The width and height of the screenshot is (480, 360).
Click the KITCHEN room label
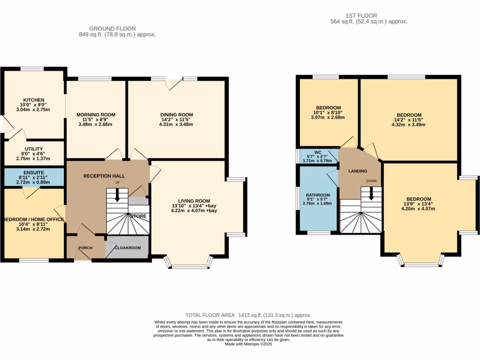34,100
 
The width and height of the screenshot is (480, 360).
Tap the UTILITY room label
34,149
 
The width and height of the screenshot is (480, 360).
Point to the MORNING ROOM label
96,115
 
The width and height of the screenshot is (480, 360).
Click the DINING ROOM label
176,115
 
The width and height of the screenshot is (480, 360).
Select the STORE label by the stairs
138,216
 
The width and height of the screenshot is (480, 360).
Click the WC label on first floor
318,152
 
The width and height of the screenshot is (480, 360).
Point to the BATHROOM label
318,195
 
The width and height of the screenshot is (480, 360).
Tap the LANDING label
358,171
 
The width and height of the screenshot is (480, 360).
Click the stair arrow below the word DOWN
371,192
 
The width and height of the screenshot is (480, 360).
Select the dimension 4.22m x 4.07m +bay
196,211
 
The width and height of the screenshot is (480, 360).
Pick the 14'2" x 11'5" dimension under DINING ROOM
176,120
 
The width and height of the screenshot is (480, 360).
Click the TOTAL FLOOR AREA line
248,315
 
